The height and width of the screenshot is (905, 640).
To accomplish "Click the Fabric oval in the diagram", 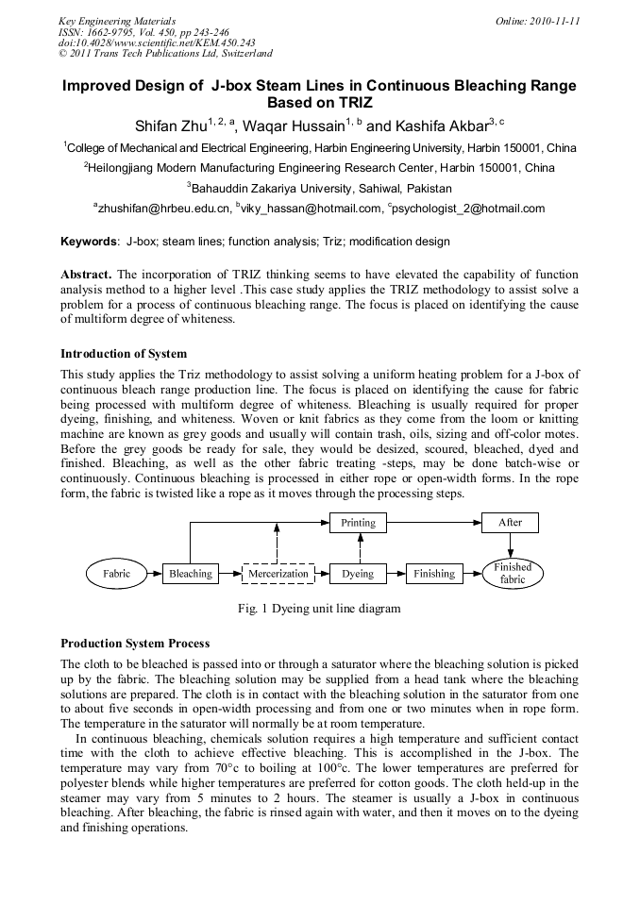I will (116, 574).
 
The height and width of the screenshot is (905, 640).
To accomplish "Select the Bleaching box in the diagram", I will (191, 574).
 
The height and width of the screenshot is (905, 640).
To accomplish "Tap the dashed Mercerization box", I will (278, 574).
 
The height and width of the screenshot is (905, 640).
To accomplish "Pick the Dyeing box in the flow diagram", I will (358, 574).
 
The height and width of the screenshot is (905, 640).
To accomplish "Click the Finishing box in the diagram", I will (434, 574).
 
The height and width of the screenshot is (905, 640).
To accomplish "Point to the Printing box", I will (358, 522).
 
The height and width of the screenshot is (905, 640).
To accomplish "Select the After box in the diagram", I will (510, 522).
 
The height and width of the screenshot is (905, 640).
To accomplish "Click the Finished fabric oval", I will (513, 574).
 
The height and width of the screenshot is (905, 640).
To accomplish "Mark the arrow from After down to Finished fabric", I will (510, 545).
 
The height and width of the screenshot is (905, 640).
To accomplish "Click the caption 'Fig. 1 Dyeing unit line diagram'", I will (319, 609).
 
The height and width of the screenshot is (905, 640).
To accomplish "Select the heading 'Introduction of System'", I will (124, 354).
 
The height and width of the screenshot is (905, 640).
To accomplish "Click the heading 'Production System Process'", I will (135, 644).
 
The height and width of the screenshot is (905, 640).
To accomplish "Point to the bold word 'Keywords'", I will (90, 242).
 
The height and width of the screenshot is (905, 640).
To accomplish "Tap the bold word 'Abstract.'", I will (86, 274).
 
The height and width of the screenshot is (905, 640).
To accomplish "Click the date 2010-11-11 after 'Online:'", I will (558, 21).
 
